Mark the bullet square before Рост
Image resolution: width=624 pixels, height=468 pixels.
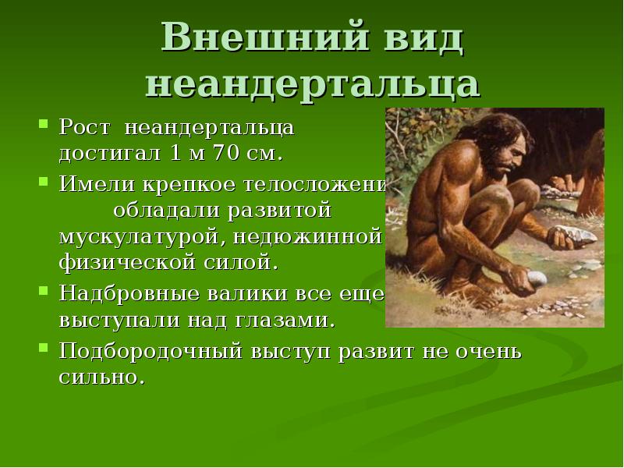(x=44, y=125)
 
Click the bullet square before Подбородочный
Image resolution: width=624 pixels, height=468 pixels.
(x=44, y=350)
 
